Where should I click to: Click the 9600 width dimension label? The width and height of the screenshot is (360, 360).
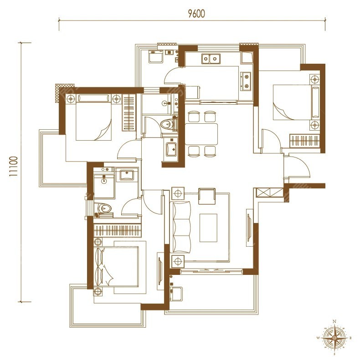[x=196, y=14]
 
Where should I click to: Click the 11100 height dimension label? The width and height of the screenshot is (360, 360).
[x=14, y=166]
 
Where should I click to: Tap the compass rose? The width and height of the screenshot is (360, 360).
[x=334, y=338]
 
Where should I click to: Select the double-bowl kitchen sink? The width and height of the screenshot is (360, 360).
[x=211, y=59]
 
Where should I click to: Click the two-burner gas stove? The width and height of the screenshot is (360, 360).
[x=246, y=81]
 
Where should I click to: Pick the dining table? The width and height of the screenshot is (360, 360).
[x=201, y=134]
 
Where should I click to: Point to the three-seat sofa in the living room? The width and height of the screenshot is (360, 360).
[x=180, y=227]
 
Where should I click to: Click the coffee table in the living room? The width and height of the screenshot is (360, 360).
[x=208, y=228]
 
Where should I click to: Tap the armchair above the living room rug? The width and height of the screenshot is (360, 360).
[x=207, y=196]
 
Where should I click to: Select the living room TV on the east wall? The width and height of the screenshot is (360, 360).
[x=249, y=228]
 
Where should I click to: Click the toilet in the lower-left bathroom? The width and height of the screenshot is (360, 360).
[x=103, y=208]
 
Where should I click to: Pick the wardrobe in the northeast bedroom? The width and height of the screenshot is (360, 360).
[x=304, y=140]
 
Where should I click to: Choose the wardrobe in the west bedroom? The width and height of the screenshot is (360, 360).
[x=129, y=112]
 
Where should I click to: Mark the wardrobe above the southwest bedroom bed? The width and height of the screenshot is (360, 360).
[x=118, y=230]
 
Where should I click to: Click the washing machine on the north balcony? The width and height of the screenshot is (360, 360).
[x=156, y=57]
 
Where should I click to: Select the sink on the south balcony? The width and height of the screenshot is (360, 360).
[x=175, y=294]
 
